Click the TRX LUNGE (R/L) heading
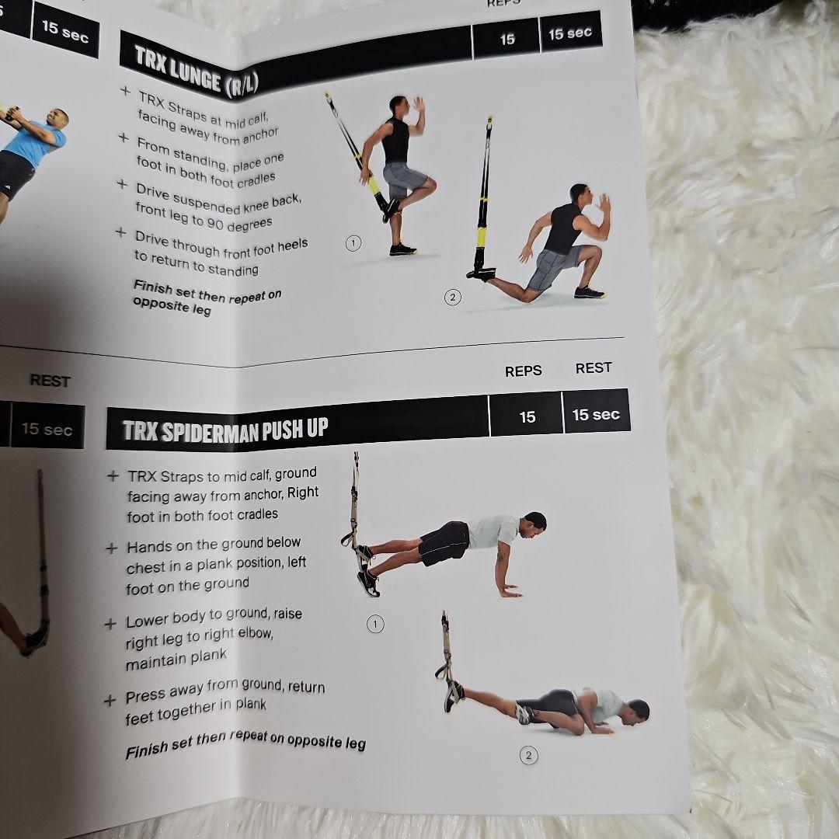[x=196, y=71]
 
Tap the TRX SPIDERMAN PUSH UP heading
[x=225, y=430]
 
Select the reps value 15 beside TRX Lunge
[x=507, y=39]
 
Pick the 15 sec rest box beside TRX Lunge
[x=570, y=33]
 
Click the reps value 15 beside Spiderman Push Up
[x=527, y=417]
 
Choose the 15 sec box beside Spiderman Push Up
[x=596, y=415]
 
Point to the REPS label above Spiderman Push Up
[x=523, y=371]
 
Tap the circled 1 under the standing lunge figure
[x=353, y=243]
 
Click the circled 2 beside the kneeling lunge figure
[x=452, y=297]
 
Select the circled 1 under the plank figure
[x=375, y=624]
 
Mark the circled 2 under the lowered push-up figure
[x=528, y=755]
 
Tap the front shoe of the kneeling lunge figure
[x=590, y=292]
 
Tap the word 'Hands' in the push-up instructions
[x=146, y=547]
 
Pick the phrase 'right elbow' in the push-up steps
[x=238, y=635]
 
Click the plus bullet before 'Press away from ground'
[x=110, y=701]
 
